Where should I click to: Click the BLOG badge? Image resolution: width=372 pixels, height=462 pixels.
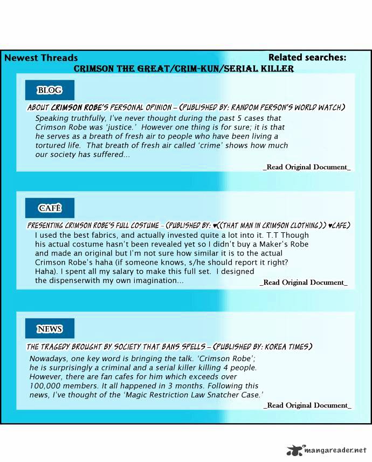[50, 90]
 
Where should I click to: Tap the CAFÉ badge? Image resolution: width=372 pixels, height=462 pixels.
[50, 208]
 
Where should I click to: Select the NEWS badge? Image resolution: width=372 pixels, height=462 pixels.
[50, 328]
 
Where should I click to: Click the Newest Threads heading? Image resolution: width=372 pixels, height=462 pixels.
[41, 58]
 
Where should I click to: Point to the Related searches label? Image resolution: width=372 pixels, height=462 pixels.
[307, 58]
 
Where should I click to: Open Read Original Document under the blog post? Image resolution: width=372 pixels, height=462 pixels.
[307, 167]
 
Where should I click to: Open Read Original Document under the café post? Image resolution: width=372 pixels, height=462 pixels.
[304, 282]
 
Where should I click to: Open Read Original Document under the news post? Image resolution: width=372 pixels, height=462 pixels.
[307, 405]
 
